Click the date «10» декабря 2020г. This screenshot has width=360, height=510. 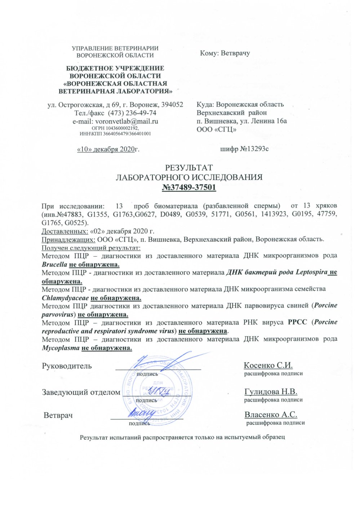coord(108,149)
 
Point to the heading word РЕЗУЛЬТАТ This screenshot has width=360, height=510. coord(188,168)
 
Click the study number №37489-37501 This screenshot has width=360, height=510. coord(189,187)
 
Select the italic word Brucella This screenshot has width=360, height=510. coord(54,265)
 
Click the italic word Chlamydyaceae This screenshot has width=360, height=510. coord(65,298)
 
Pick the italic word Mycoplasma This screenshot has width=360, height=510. coord(61,348)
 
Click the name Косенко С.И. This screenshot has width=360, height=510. coord(268,365)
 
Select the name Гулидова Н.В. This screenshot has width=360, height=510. coord(271,392)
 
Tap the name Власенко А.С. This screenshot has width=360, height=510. coord(271,415)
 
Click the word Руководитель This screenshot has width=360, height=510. coord(67,366)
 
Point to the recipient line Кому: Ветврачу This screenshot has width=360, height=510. coord(225,53)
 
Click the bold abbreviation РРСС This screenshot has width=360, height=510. coord(298,322)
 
